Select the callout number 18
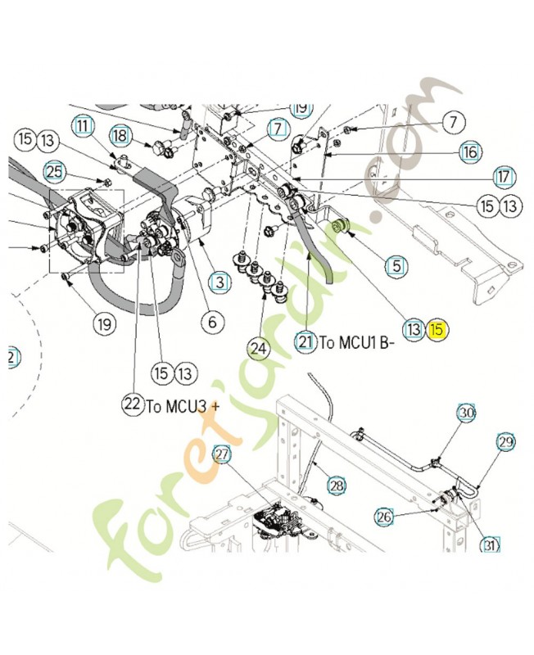click(120, 134)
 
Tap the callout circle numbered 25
click(54, 171)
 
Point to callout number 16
click(470, 151)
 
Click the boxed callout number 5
click(397, 265)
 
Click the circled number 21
click(306, 342)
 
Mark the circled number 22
click(132, 404)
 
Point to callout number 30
click(466, 413)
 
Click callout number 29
click(505, 442)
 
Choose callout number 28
click(337, 486)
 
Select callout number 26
click(384, 516)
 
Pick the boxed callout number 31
click(490, 545)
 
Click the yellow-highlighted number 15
click(437, 330)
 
